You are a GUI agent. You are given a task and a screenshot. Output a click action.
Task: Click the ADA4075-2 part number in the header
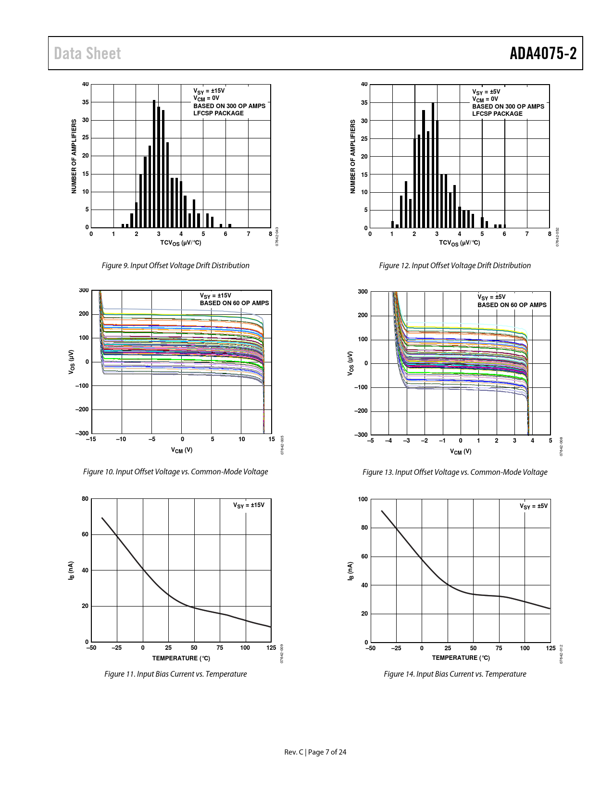click(x=543, y=53)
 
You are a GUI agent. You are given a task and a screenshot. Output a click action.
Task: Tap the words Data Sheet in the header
click(x=88, y=53)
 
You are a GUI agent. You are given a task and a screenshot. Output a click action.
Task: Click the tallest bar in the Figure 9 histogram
click(x=154, y=163)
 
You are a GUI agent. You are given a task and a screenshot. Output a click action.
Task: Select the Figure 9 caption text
click(x=175, y=265)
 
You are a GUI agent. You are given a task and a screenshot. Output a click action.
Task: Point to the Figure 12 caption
click(x=455, y=265)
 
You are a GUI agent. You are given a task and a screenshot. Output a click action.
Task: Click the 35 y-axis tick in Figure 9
click(x=86, y=102)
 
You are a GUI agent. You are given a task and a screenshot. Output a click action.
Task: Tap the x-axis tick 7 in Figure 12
click(x=527, y=234)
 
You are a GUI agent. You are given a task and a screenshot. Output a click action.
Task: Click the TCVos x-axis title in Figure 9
click(x=181, y=243)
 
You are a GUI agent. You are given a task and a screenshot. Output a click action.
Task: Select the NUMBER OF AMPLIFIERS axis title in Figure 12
click(x=352, y=157)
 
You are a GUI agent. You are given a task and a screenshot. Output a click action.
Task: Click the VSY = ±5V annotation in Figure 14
click(x=533, y=506)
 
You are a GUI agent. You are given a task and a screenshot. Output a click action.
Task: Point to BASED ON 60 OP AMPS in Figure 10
click(x=235, y=303)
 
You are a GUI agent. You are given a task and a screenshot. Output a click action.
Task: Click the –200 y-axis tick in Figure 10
click(x=82, y=409)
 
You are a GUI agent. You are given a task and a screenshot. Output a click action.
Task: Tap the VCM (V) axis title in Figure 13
click(x=461, y=451)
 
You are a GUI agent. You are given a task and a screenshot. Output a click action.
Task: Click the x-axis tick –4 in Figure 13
click(x=388, y=440)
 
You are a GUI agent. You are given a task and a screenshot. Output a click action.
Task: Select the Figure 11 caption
click(x=175, y=674)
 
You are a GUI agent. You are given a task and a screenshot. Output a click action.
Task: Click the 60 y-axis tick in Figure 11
click(x=85, y=534)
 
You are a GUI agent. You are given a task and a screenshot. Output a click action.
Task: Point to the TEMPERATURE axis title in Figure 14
click(x=461, y=657)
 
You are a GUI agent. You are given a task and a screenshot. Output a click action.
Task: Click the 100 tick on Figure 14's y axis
click(x=363, y=499)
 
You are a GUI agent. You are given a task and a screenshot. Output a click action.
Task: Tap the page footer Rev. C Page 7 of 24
click(x=315, y=752)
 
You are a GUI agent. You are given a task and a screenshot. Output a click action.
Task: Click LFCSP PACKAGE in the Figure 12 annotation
click(x=497, y=114)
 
